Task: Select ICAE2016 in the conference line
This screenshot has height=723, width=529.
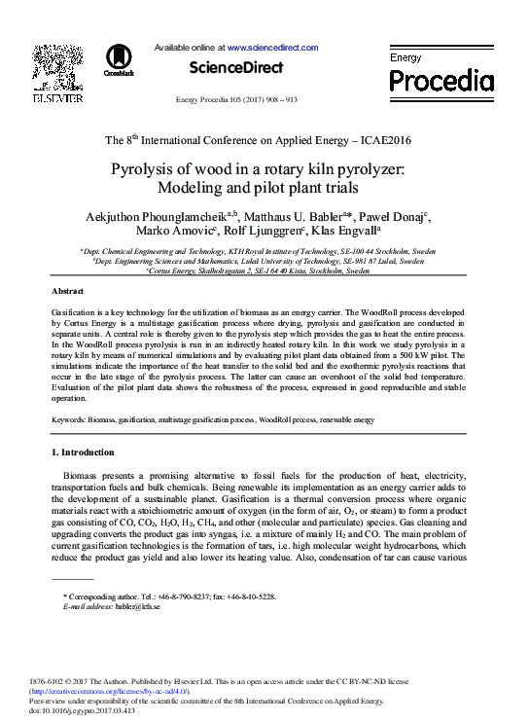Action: pos(382,140)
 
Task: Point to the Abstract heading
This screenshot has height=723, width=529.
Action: pos(67,291)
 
